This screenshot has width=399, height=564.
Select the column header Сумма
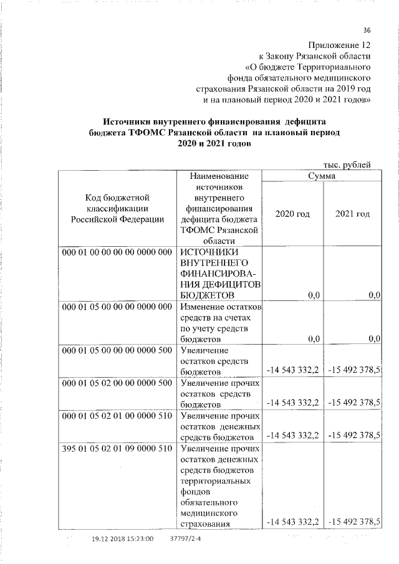tap(321, 177)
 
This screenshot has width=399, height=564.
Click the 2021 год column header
tap(352, 214)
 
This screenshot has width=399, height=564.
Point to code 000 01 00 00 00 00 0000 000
tap(117, 252)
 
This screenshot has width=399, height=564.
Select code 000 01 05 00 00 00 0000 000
tap(117, 307)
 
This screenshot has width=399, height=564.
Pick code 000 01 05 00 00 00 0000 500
tap(117, 350)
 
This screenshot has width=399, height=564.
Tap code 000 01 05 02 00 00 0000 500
tap(117, 383)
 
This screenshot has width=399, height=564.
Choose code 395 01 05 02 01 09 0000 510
tap(117, 448)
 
